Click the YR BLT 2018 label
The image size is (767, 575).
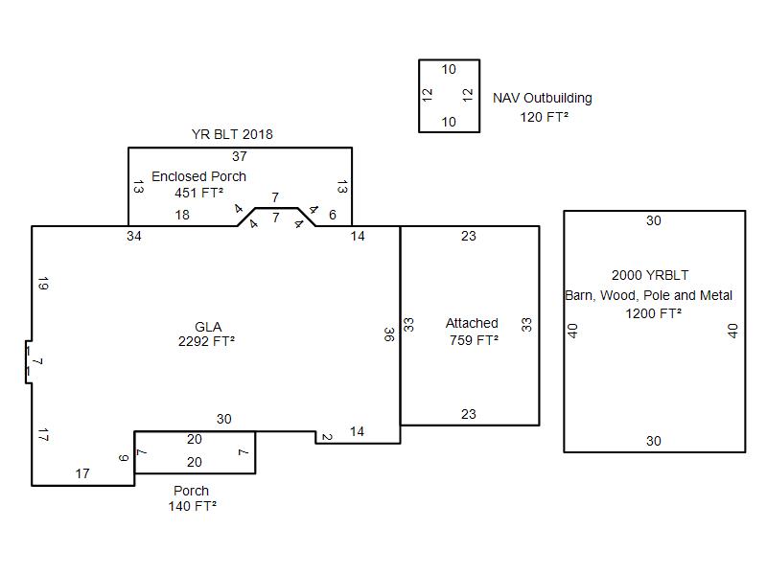pos(231,134)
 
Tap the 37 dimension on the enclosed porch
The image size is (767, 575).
pos(240,156)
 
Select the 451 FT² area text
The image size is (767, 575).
pos(198,193)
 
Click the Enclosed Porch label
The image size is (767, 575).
pos(198,176)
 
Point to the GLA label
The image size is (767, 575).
pos(208,327)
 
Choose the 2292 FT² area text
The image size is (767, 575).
pos(207,341)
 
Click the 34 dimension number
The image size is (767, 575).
pos(134,236)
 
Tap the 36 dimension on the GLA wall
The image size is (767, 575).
pos(389,334)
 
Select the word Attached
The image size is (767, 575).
pos(472,323)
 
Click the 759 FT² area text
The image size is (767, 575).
pos(474,340)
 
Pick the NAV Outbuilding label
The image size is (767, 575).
pos(543,98)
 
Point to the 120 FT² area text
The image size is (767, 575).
pos(545,117)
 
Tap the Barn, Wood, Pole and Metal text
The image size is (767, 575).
pos(649,295)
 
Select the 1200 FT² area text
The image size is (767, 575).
pos(654,313)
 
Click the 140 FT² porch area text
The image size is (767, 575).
pos(192,506)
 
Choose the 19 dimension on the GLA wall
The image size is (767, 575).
pos(43,284)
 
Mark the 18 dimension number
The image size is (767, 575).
pos(182,215)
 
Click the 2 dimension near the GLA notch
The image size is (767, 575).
pos(327,438)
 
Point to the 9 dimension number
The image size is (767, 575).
pos(124,458)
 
